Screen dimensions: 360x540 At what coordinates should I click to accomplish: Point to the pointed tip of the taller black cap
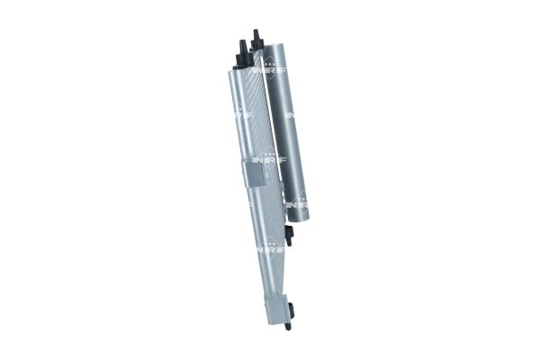(256, 31)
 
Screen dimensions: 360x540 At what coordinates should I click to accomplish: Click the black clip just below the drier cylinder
(290, 236)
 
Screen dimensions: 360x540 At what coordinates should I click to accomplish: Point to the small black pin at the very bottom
(288, 325)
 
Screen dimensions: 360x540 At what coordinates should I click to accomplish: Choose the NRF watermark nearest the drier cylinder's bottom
(297, 205)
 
